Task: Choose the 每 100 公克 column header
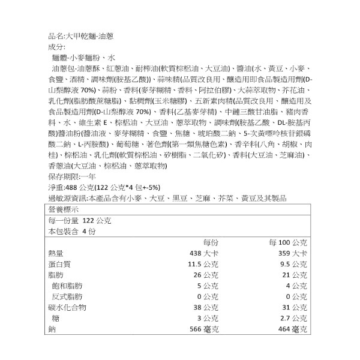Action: coord(287,242)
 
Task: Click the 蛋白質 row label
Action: coord(59,264)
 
